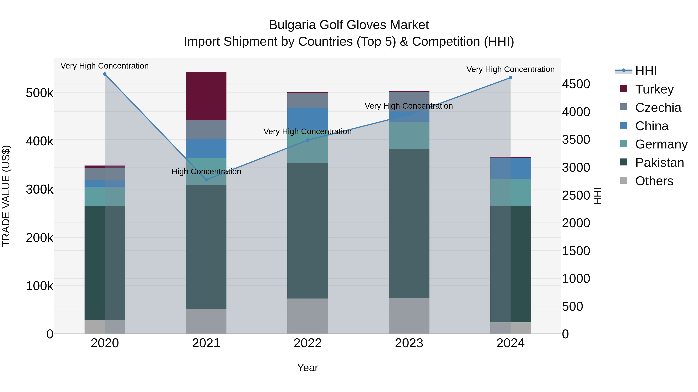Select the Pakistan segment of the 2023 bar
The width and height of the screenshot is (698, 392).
(x=409, y=223)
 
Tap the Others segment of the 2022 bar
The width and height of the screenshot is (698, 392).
(x=308, y=316)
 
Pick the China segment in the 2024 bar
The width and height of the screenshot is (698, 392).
(x=511, y=169)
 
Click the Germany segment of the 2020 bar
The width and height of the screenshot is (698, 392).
(x=105, y=197)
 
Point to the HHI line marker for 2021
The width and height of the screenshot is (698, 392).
(x=206, y=180)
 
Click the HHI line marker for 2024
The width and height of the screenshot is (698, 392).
(x=511, y=78)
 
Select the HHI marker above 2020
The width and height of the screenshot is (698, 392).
(x=105, y=74)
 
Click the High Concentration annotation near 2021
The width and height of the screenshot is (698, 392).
(x=206, y=172)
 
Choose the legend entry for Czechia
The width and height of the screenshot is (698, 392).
(x=658, y=108)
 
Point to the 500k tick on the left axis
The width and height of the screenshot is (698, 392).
(x=40, y=93)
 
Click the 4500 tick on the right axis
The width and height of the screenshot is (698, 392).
(x=576, y=84)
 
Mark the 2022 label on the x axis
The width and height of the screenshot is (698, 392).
(x=308, y=343)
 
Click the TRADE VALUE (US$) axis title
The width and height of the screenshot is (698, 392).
(x=6, y=196)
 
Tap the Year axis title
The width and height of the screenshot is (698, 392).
(x=308, y=368)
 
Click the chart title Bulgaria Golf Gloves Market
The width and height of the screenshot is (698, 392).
(x=349, y=25)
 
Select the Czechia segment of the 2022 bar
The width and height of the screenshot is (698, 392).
(x=308, y=100)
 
